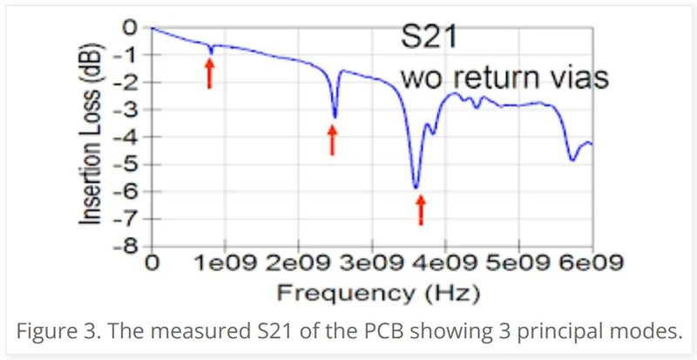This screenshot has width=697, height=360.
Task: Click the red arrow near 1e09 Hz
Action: point(209,74)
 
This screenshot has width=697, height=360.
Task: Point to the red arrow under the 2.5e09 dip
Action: point(332,139)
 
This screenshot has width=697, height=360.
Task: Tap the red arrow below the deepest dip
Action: point(421,209)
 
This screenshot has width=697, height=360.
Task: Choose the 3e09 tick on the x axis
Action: point(371,263)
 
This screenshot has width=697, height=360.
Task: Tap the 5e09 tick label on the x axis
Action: point(518,263)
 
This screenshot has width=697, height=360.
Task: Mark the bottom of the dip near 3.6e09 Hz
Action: point(416,187)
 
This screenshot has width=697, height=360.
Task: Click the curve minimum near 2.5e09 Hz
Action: point(335,117)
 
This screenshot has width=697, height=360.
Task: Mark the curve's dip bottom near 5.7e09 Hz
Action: point(572,160)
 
